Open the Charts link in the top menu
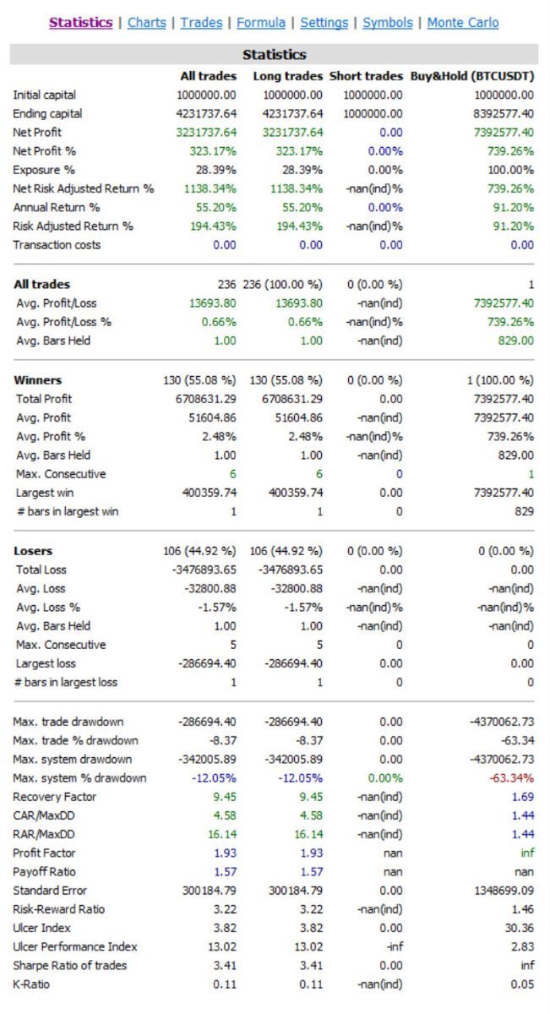coord(147,23)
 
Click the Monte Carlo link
coord(463,23)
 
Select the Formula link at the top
coord(260,23)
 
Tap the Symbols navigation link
coord(388,23)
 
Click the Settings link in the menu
coord(324,23)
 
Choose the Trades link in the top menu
coord(202,23)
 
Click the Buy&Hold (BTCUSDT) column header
coord(472,76)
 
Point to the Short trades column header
coord(366,76)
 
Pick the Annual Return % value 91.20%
coord(514,207)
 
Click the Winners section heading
coord(38,380)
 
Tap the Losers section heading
coord(33,551)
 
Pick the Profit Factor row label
coord(44,853)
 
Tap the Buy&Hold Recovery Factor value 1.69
coord(523,797)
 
